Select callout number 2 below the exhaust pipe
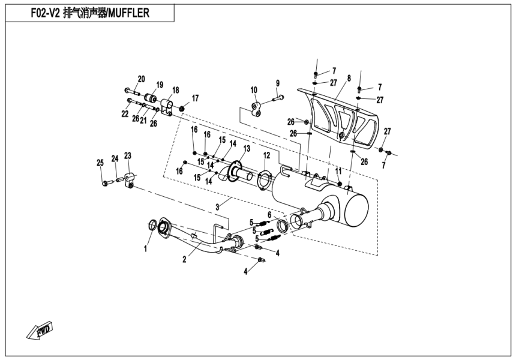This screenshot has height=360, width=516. [x=184, y=259]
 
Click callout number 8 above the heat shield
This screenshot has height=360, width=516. [x=348, y=78]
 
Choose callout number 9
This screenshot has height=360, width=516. [x=278, y=83]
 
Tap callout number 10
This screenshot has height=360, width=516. [x=254, y=90]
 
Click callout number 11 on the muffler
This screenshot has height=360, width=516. [x=338, y=170]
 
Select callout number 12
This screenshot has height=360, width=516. [x=266, y=155]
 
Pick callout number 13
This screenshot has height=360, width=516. [x=247, y=148]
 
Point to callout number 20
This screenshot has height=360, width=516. [x=142, y=79]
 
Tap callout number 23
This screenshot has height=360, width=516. [x=127, y=155]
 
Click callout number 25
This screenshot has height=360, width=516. [x=100, y=163]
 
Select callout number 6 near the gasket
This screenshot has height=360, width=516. [x=269, y=214]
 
